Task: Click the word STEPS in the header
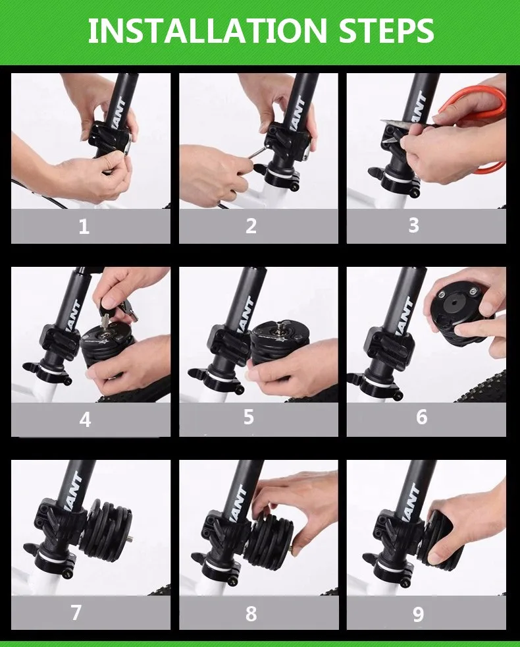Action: (386, 30)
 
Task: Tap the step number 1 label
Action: (84, 227)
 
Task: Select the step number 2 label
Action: (251, 226)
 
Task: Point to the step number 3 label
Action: (413, 225)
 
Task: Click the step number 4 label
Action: (85, 420)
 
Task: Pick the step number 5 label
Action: (248, 417)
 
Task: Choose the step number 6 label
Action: (421, 417)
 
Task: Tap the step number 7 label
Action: (76, 612)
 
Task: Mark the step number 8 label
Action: (251, 613)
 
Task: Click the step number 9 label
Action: (418, 615)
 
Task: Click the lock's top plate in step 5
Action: (280, 332)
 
